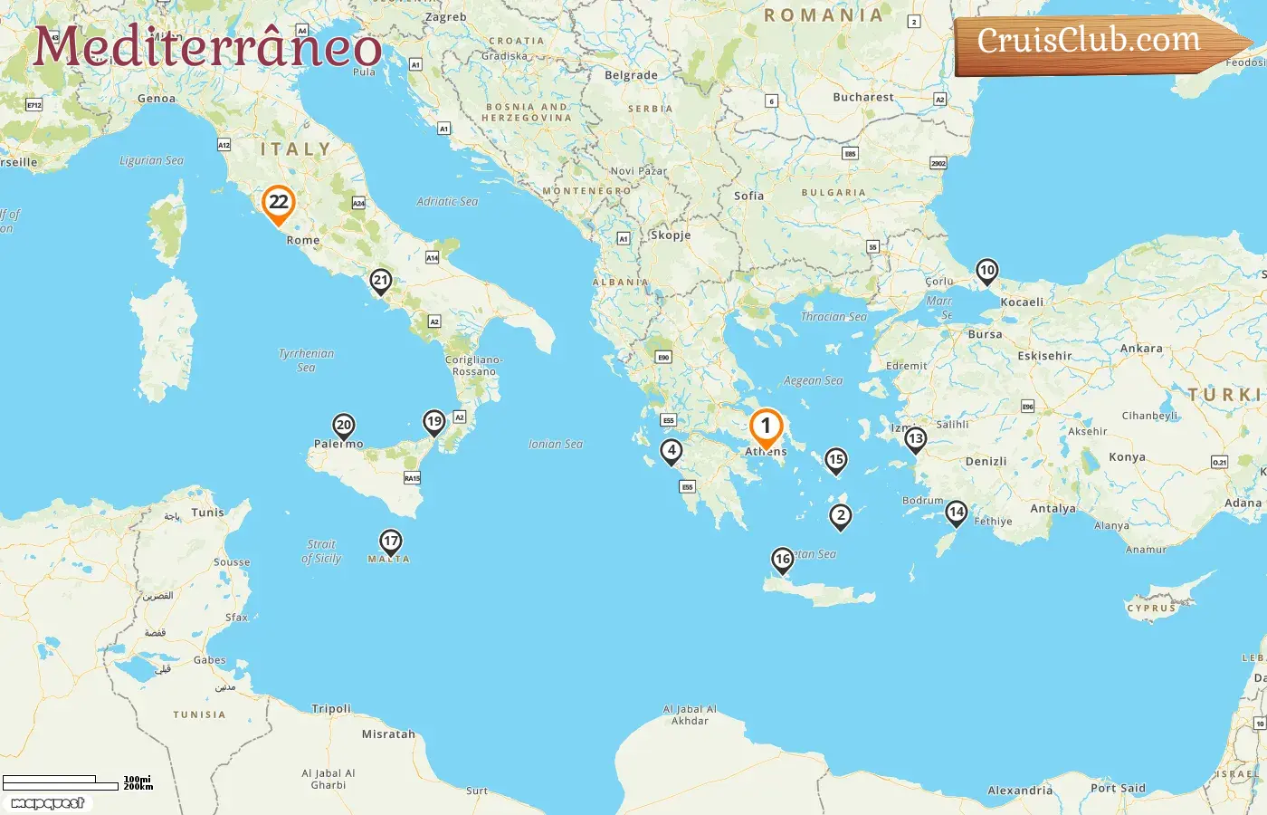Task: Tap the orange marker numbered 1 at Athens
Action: pyautogui.click(x=766, y=426)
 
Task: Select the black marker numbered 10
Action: pyautogui.click(x=986, y=271)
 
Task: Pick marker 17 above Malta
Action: pyautogui.click(x=390, y=542)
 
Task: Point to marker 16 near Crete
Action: pyautogui.click(x=783, y=560)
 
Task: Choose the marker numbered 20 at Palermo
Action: pyautogui.click(x=344, y=426)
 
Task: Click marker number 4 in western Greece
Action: pyautogui.click(x=671, y=451)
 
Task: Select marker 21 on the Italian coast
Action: pyautogui.click(x=381, y=281)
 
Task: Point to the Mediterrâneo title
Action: pyautogui.click(x=207, y=46)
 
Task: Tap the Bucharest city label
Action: pyautogui.click(x=862, y=97)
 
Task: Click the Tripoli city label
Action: pyautogui.click(x=331, y=708)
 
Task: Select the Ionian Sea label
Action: pyautogui.click(x=556, y=444)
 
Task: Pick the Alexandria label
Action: pyautogui.click(x=1020, y=790)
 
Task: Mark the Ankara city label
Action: pyautogui.click(x=1141, y=348)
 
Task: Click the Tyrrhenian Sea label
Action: pyautogui.click(x=306, y=360)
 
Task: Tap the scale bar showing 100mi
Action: pyautogui.click(x=62, y=782)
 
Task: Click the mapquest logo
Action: pyautogui.click(x=48, y=803)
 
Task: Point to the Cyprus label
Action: pyautogui.click(x=1151, y=608)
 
